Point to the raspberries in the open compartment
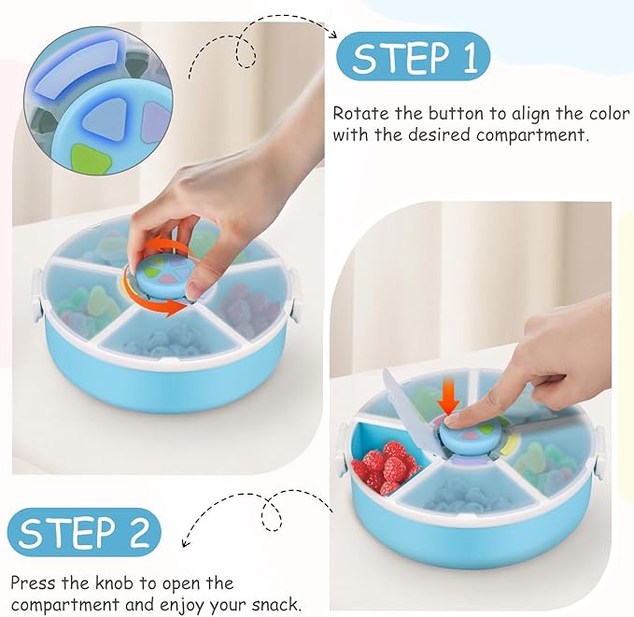tap(383, 464)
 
